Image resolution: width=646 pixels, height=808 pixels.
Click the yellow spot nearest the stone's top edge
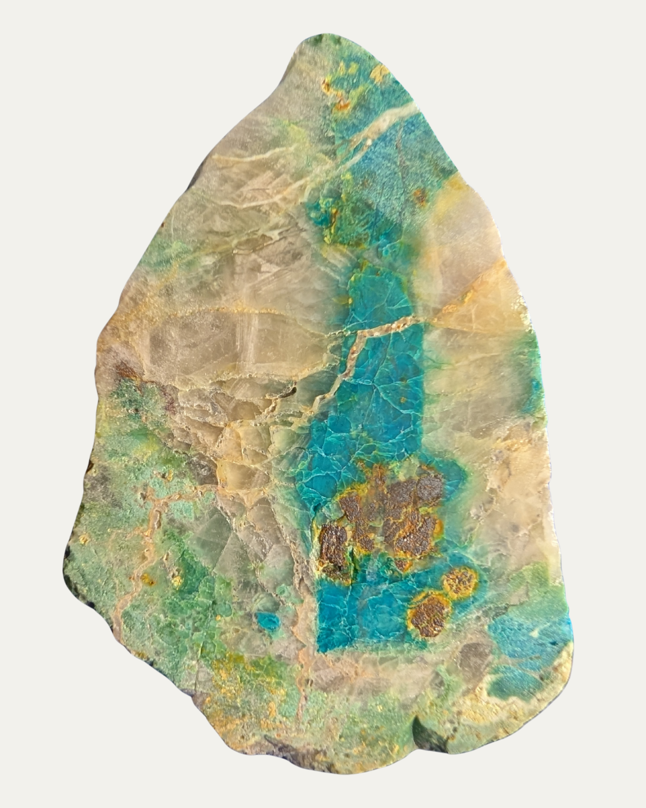point(379,73)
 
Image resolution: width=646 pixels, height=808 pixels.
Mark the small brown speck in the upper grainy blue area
point(420,195)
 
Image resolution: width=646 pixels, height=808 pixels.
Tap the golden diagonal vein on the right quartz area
point(473,296)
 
